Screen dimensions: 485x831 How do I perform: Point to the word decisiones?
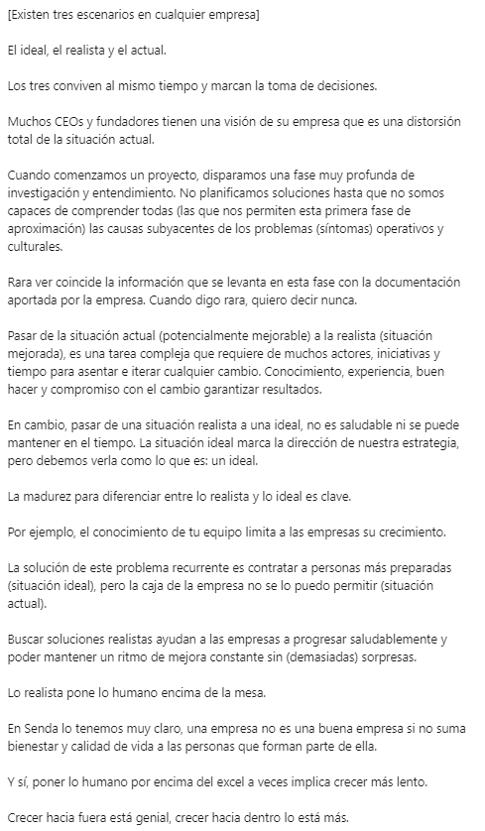[x=342, y=85]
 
